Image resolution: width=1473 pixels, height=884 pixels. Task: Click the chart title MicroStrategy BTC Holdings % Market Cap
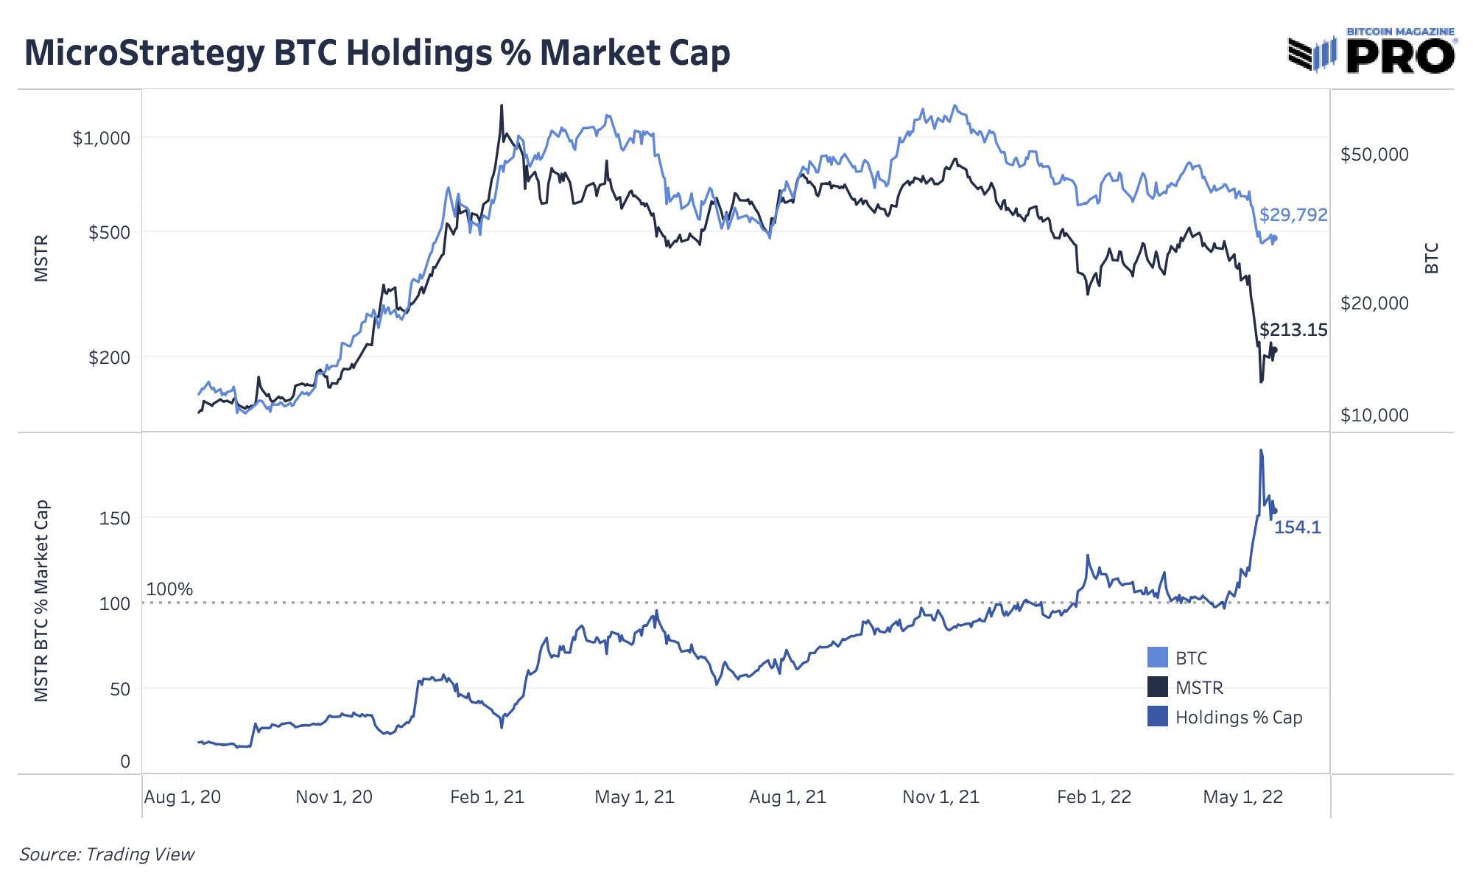pyautogui.click(x=377, y=53)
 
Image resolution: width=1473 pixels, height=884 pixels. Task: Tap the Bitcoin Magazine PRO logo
pyautogui.click(x=1371, y=52)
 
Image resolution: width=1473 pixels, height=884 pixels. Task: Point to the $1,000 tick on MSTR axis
pyautogui.click(x=101, y=138)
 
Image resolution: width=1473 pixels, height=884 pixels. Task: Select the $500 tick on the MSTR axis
pyautogui.click(x=109, y=233)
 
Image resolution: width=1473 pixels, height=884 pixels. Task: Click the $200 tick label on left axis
pyautogui.click(x=109, y=358)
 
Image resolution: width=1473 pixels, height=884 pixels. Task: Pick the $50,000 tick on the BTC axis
pyautogui.click(x=1374, y=155)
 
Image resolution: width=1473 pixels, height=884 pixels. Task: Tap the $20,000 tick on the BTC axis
pyautogui.click(x=1374, y=304)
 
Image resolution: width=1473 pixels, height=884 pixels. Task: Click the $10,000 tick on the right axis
pyautogui.click(x=1374, y=415)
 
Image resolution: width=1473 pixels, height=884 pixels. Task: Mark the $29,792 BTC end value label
pyautogui.click(x=1293, y=215)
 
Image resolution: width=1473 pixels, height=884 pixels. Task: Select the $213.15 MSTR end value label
pyautogui.click(x=1293, y=330)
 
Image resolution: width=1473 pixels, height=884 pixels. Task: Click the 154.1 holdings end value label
pyautogui.click(x=1298, y=527)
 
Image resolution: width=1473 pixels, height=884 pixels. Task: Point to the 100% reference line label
pyautogui.click(x=169, y=589)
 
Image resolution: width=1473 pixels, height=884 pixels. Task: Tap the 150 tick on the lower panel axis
pyautogui.click(x=114, y=519)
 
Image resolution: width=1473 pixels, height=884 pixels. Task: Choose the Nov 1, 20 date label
pyautogui.click(x=334, y=797)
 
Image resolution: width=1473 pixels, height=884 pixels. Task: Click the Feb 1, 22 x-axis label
pyautogui.click(x=1094, y=797)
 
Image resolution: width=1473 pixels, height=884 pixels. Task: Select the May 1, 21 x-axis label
pyautogui.click(x=634, y=797)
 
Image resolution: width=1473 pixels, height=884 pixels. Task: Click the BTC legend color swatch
pyautogui.click(x=1158, y=658)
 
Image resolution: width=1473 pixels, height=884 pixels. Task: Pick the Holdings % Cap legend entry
pyautogui.click(x=1238, y=718)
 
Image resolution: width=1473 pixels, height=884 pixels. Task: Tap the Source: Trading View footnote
pyautogui.click(x=107, y=855)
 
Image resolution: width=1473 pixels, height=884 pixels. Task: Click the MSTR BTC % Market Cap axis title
pyautogui.click(x=42, y=601)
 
